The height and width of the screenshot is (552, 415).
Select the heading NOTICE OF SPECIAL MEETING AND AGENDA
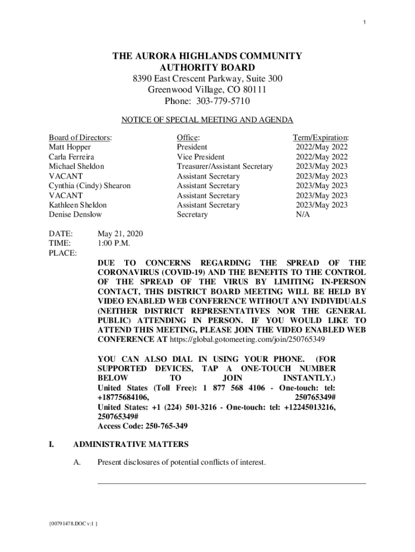point(207,120)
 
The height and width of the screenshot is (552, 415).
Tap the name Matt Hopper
point(70,147)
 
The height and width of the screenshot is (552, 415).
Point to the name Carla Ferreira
point(72,157)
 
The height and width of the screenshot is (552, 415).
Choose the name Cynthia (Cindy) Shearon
point(89,186)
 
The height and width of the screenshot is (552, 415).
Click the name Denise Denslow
point(75,215)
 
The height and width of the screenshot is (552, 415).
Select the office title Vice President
point(201,157)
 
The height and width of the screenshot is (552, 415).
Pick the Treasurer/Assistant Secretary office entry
point(225,167)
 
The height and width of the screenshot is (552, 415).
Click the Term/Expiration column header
point(321,137)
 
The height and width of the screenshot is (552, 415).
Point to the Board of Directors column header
point(80,137)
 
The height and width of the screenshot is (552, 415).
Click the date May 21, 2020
point(120,234)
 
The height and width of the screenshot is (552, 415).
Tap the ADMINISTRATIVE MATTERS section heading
point(130,445)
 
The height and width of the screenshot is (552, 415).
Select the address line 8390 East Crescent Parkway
point(207,79)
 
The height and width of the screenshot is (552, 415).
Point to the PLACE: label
point(63,253)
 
